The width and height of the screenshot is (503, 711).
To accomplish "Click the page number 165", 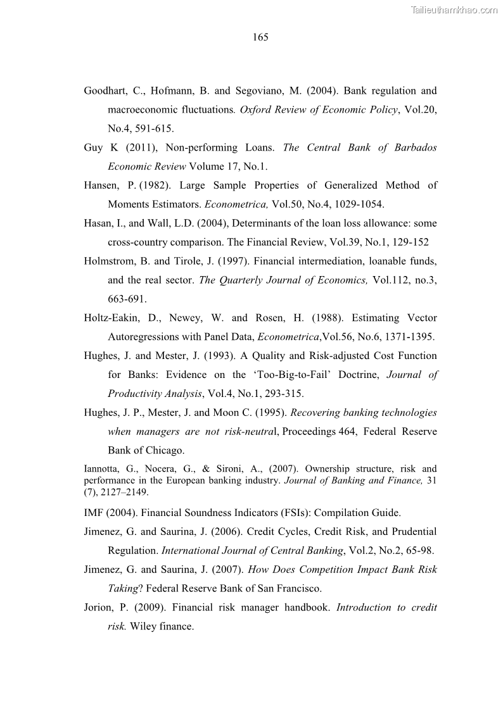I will (260, 37).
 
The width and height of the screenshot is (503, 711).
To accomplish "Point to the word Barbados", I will (416, 148).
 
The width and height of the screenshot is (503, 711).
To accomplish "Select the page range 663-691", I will (127, 299).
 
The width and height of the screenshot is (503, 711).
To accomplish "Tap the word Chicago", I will (163, 451).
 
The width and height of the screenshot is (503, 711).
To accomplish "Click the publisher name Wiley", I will (143, 626).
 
